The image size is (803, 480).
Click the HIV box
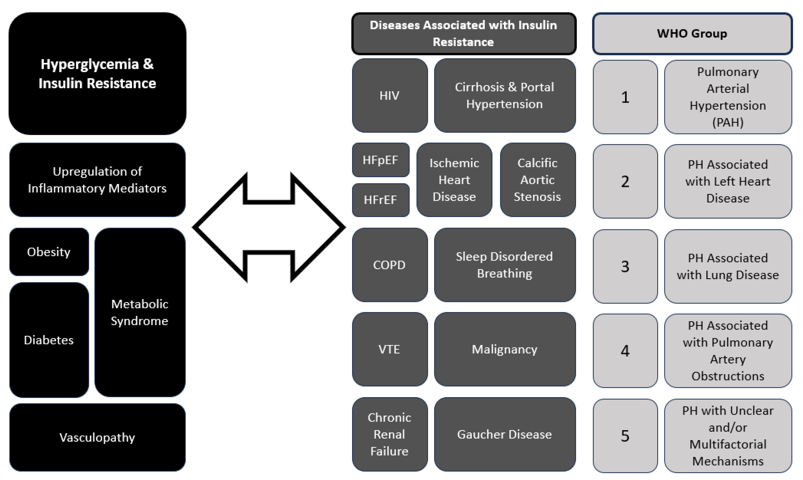pyautogui.click(x=389, y=95)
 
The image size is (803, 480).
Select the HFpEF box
pyautogui.click(x=380, y=160)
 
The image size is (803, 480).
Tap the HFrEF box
pyautogui.click(x=380, y=200)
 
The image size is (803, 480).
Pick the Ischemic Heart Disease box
pyautogui.click(x=454, y=180)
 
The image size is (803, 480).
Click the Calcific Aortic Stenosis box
pyautogui.click(x=537, y=180)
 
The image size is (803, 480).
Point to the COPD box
pyautogui.click(x=389, y=265)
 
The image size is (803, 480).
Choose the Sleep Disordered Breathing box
pyautogui.click(x=504, y=265)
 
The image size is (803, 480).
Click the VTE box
pyautogui.click(x=389, y=349)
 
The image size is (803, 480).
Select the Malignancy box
pyautogui.click(x=504, y=349)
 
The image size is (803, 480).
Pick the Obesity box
pyautogui.click(x=49, y=252)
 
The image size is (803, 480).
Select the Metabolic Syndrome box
pyautogui.click(x=139, y=312)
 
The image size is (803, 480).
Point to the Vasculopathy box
pyautogui.click(x=97, y=437)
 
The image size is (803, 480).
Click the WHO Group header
pyautogui.click(x=692, y=34)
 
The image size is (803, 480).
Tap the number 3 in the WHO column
pyautogui.click(x=625, y=266)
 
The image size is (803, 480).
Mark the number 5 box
pyautogui.click(x=625, y=436)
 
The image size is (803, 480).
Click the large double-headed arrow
pyautogui.click(x=269, y=227)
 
